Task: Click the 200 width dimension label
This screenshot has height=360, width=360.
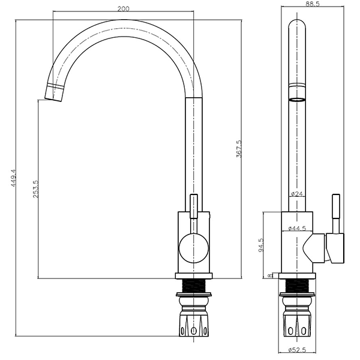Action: click(123, 8)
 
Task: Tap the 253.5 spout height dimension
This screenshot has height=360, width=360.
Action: click(36, 190)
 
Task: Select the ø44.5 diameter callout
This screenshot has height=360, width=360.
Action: click(298, 229)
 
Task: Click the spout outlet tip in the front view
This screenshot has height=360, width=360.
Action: click(53, 93)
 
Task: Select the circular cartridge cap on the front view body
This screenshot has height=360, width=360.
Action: click(193, 247)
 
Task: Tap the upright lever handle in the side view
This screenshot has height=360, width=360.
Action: click(335, 214)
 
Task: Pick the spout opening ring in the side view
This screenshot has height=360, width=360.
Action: click(298, 99)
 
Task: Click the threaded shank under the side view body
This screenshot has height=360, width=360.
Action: click(298, 287)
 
